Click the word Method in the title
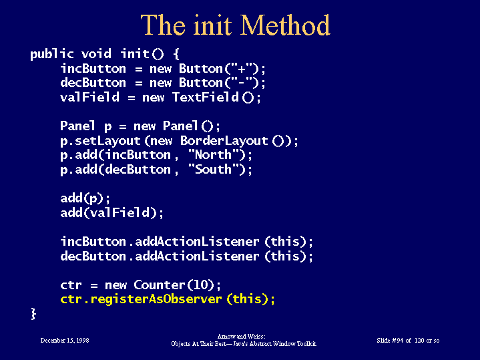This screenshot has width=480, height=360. pyautogui.click(x=285, y=25)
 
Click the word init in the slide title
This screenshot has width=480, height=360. pyautogui.click(x=212, y=25)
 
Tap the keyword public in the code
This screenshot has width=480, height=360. pyautogui.click(x=51, y=55)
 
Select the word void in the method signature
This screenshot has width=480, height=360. pyautogui.click(x=96, y=54)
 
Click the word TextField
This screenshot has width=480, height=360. pyautogui.click(x=205, y=97)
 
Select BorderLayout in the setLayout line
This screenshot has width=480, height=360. pyautogui.click(x=224, y=141)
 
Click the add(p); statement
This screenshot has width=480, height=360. pyautogui.click(x=85, y=198)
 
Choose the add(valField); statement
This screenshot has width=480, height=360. pyautogui.click(x=111, y=212)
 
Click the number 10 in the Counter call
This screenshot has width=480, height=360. pyautogui.click(x=201, y=285)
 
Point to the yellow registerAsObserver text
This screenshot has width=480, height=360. pyautogui.click(x=156, y=299)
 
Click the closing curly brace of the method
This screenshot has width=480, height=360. pyautogui.click(x=33, y=314)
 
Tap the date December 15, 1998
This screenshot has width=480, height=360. pyautogui.click(x=65, y=341)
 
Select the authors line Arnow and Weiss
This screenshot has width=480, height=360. pyautogui.click(x=242, y=337)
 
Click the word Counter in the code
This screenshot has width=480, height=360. pyautogui.click(x=159, y=285)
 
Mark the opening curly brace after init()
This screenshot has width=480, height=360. pyautogui.click(x=176, y=54)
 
